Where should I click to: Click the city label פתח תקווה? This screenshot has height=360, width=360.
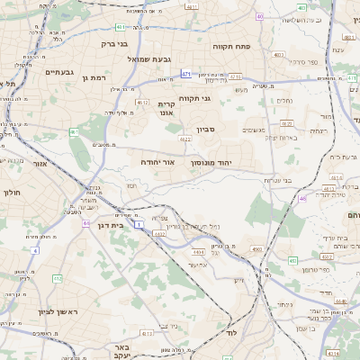[230, 45]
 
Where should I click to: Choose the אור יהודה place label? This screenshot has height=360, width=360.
[157, 162]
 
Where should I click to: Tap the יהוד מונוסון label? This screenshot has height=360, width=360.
[211, 162]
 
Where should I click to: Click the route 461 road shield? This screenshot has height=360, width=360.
[74, 132]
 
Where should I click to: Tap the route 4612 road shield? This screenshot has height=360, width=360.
[142, 103]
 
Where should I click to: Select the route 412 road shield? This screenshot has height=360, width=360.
[57, 280]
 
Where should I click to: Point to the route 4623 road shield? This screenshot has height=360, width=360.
[184, 139]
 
